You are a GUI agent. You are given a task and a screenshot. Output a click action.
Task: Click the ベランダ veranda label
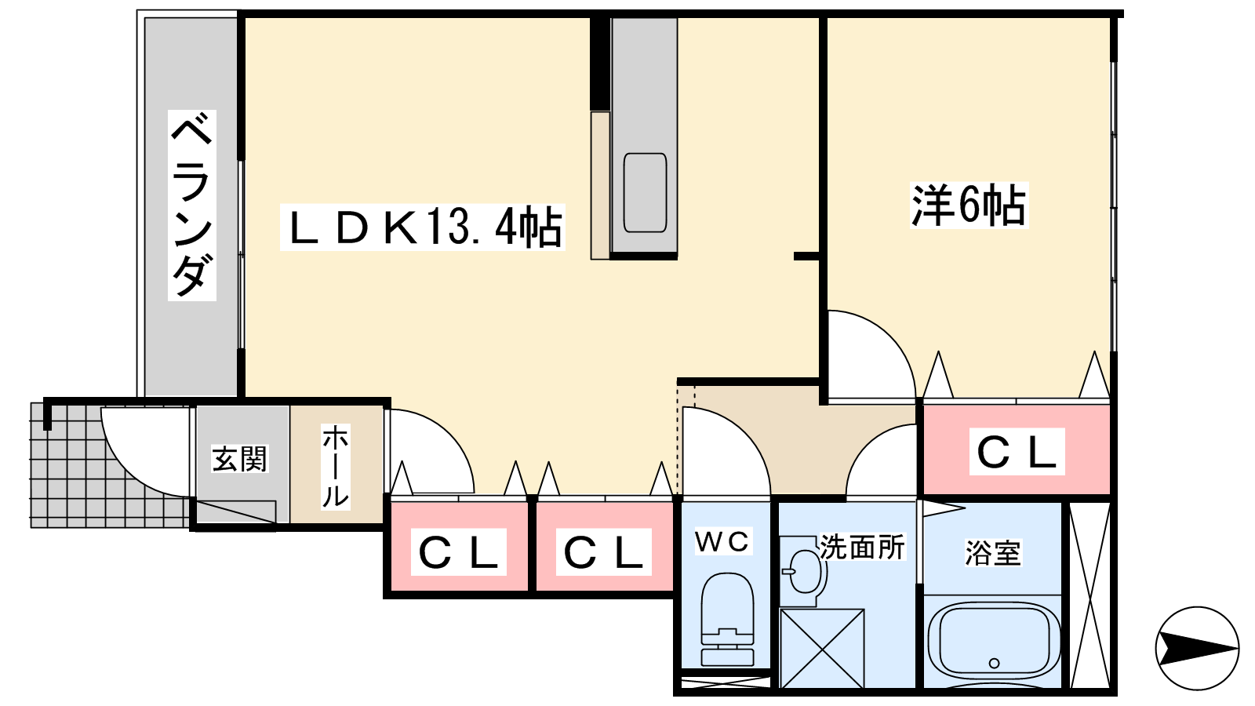(191, 206)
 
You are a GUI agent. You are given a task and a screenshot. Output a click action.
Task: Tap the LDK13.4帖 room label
(422, 227)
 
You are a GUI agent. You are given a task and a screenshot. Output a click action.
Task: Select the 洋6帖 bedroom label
(969, 206)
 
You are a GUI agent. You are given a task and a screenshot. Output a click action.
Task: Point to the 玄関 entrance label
(240, 459)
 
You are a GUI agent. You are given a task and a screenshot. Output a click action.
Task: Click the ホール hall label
(336, 466)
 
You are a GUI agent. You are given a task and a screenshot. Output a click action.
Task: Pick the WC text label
(722, 541)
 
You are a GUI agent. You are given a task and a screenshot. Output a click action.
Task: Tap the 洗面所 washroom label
(862, 547)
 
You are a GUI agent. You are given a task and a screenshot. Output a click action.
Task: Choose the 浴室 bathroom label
(993, 553)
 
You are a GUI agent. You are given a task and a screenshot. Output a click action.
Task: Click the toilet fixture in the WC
(726, 620)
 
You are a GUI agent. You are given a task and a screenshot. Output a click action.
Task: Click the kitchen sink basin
(645, 193)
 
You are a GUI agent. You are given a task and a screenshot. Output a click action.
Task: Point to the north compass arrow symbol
(1197, 648)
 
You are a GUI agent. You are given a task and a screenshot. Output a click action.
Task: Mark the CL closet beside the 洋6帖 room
(1017, 451)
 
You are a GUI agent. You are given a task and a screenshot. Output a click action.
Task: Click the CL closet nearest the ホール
(458, 551)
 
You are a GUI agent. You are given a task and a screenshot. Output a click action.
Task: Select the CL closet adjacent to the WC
(604, 551)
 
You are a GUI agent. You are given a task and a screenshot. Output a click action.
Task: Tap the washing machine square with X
(821, 649)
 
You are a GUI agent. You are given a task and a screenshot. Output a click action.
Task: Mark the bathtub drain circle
(995, 663)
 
